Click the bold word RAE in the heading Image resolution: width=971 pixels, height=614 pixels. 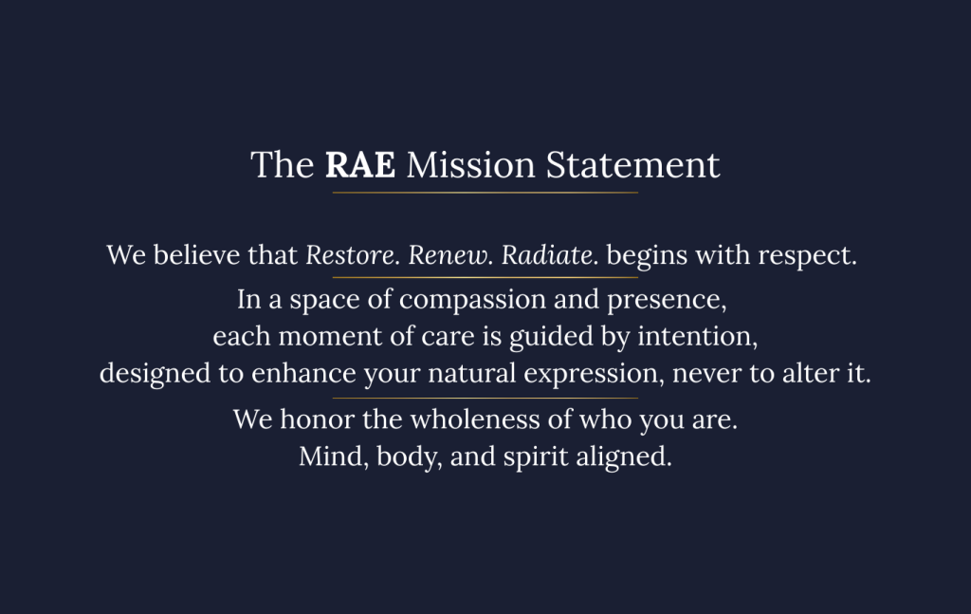tap(359, 165)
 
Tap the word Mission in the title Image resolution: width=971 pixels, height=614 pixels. tap(470, 165)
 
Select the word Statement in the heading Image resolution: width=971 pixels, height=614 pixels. tap(632, 165)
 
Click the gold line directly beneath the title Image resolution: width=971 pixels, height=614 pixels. tap(485, 193)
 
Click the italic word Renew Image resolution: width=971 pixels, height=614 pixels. tap(450, 254)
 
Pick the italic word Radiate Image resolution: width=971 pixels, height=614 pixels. tap(550, 254)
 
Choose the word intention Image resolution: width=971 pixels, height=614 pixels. tap(698, 337)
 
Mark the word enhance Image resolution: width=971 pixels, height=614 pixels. tap(303, 374)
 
